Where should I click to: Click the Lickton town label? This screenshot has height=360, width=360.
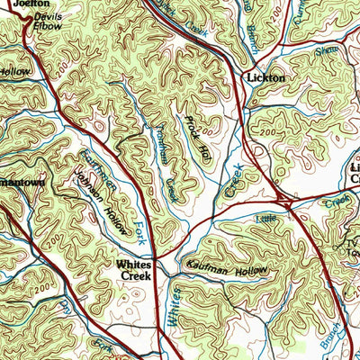point(265,78)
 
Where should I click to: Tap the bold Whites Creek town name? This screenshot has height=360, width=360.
point(138,271)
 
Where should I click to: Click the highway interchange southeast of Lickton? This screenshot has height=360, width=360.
point(284,200)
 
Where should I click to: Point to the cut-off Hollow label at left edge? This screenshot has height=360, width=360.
point(13,70)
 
